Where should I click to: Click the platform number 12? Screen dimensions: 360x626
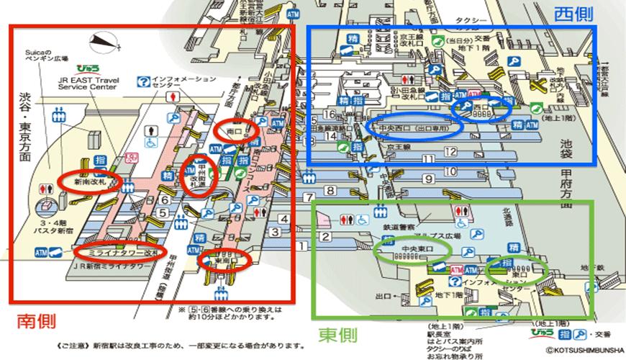pyautogui.click(x=450, y=151)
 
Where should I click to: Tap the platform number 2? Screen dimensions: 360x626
pyautogui.click(x=325, y=237)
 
